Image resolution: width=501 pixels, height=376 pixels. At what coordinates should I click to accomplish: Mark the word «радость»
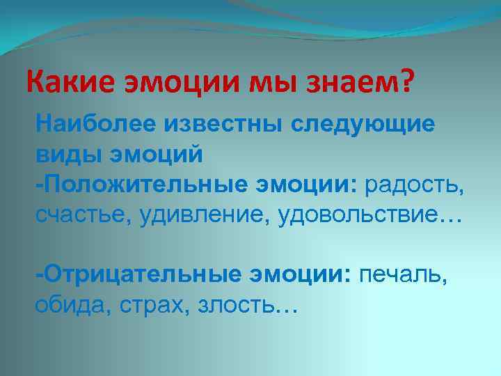(x=415, y=185)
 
